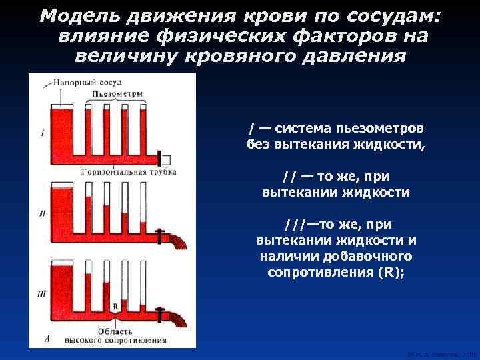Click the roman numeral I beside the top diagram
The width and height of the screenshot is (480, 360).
42,133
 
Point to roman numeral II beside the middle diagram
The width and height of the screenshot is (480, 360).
42,213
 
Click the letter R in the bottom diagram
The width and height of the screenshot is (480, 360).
116,306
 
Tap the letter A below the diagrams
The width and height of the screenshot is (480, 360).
45,339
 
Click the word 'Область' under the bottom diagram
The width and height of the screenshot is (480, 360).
117,330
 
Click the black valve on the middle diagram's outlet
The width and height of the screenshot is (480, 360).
159,236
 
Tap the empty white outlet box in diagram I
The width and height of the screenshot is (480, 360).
167,159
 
